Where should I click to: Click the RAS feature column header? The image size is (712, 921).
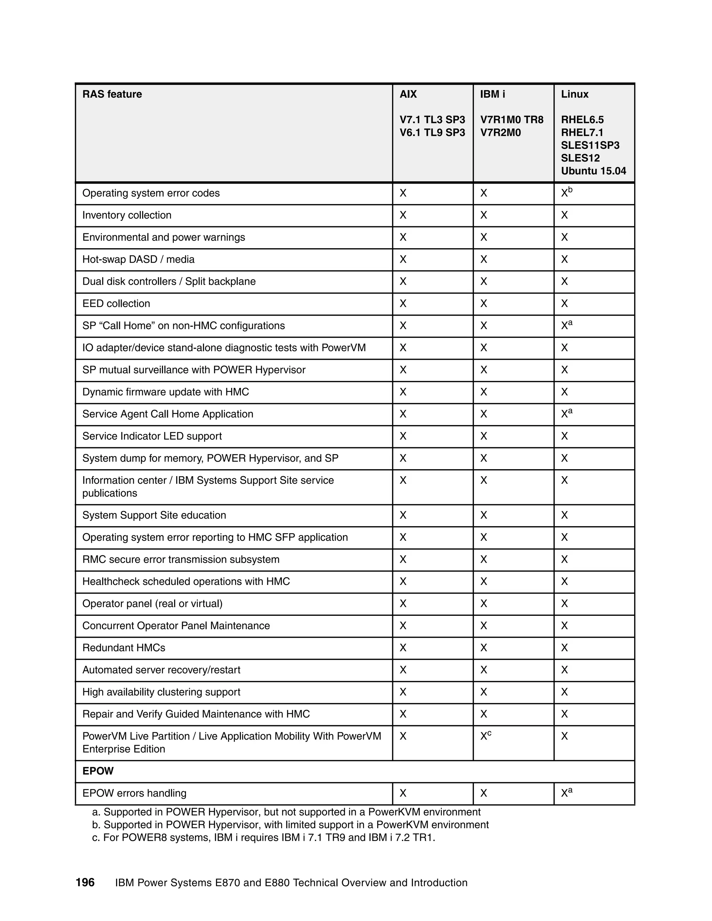pos(112,94)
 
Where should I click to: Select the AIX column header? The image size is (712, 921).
pos(408,94)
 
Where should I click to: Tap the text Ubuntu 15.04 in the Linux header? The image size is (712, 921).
pos(593,171)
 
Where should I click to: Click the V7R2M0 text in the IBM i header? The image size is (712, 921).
pos(500,132)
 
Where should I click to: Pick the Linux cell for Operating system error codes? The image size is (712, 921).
pos(566,193)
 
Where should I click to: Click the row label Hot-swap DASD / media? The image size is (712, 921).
pos(138,259)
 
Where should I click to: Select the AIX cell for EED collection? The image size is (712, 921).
pos(403,304)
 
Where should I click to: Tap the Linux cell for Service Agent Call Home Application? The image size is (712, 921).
pos(566,414)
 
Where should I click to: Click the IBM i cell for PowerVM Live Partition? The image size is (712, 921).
pos(485,736)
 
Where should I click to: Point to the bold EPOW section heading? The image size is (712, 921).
pos(98,771)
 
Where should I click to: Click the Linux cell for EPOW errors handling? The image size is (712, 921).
pos(566,793)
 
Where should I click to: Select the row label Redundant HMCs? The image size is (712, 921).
pos(123,648)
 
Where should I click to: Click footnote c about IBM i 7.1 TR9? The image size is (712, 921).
pos(263,838)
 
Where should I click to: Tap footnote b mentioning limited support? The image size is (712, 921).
pos(290,825)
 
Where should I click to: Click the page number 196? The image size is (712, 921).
pos(85,883)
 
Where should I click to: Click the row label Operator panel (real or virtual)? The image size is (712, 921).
pos(152,603)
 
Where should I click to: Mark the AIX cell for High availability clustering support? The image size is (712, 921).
pos(403,692)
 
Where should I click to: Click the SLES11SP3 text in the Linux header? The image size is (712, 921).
pos(590,145)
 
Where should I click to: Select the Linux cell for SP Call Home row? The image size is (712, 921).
pos(566,326)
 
